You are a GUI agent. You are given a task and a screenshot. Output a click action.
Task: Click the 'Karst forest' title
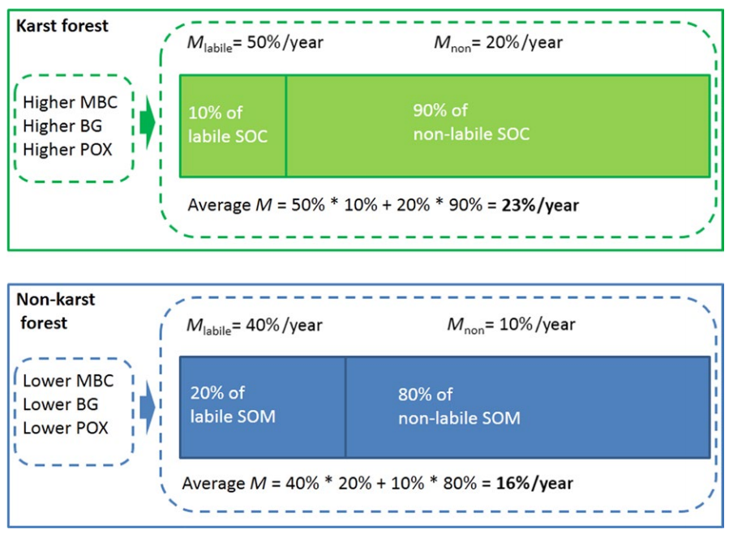tap(62, 26)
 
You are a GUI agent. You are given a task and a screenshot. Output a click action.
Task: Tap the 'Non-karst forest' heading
tap(55, 311)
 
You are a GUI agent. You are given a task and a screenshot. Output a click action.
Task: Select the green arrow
tap(148, 122)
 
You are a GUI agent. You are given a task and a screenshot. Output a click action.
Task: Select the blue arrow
tap(148, 408)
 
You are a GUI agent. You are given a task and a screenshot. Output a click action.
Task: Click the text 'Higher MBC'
tap(71, 102)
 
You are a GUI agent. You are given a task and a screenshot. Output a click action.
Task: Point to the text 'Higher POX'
tap(67, 150)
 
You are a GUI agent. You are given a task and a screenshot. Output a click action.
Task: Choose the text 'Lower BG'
tap(61, 404)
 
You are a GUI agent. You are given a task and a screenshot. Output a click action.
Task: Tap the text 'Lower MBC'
tap(68, 381)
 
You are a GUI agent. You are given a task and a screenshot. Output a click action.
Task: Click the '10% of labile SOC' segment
tap(233, 126)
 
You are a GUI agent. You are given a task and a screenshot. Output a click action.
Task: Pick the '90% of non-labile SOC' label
tap(471, 122)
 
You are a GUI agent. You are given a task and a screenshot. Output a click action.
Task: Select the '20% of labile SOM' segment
tap(263, 407)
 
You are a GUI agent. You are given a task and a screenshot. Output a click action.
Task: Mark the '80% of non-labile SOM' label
tap(459, 406)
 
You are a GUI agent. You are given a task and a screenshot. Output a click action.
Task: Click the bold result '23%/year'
tap(540, 206)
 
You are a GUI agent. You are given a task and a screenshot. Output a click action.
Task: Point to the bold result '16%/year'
tap(534, 483)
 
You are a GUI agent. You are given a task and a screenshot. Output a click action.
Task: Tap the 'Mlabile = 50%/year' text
tap(255, 43)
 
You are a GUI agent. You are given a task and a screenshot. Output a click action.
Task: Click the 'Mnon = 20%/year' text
tap(499, 43)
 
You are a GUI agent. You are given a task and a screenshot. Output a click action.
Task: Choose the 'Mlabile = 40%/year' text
tap(255, 326)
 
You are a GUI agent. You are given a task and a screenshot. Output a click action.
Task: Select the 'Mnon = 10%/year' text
tap(512, 325)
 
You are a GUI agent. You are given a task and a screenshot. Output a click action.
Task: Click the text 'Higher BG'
tap(62, 126)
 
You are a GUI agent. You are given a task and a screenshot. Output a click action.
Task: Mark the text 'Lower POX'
tap(66, 428)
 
